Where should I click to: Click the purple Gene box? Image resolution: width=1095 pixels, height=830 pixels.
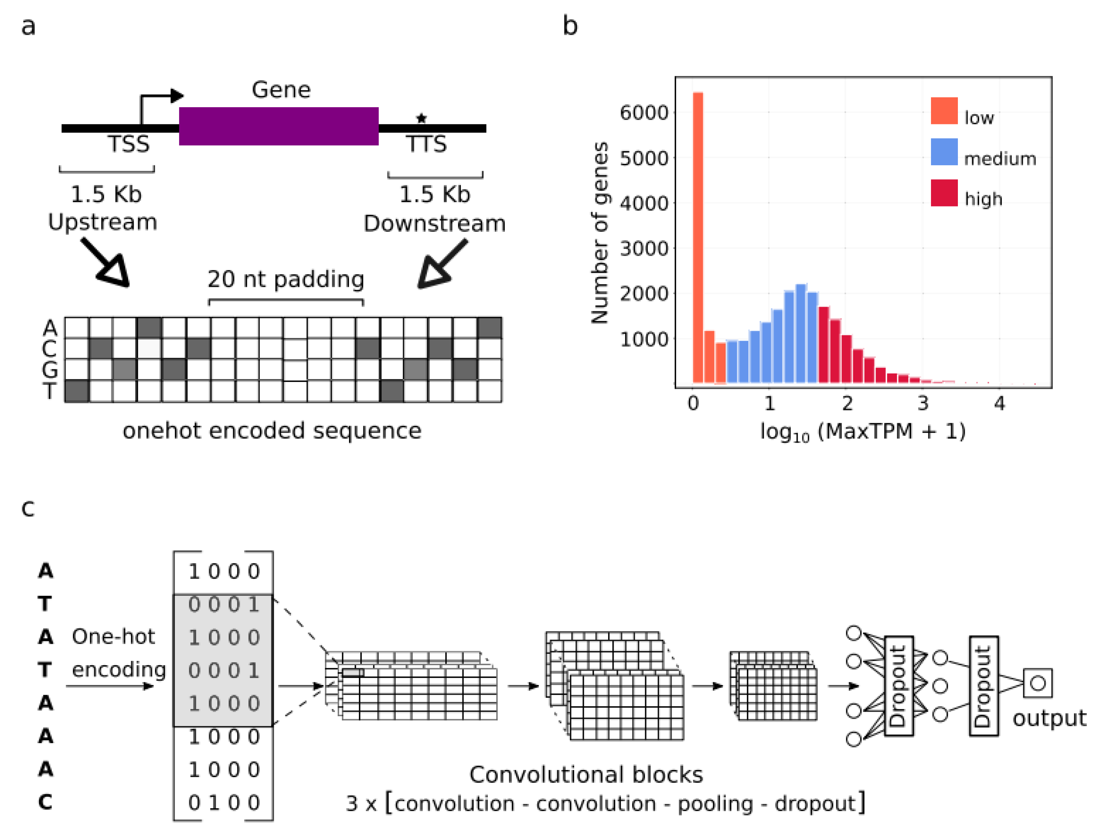pyautogui.click(x=279, y=126)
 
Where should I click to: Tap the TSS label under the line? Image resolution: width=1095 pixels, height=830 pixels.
pyautogui.click(x=128, y=144)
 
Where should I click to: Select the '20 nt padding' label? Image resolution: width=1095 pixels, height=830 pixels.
pyautogui.click(x=286, y=279)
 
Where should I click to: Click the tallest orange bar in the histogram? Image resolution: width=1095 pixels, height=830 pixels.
pyautogui.click(x=698, y=238)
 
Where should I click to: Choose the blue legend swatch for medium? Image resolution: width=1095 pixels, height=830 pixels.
pyautogui.click(x=943, y=152)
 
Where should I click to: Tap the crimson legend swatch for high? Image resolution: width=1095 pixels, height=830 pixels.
pyautogui.click(x=943, y=192)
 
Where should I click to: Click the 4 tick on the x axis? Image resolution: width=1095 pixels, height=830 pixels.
pyautogui.click(x=1000, y=404)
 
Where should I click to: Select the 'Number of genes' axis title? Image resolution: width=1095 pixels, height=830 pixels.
pyautogui.click(x=600, y=233)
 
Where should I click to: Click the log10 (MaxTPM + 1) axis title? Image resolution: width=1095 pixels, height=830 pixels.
pyautogui.click(x=863, y=432)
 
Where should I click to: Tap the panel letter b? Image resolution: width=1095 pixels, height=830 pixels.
pyautogui.click(x=570, y=26)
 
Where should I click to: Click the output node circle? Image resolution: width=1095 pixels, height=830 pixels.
pyautogui.click(x=1038, y=683)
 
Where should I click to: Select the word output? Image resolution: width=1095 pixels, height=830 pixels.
pyautogui.click(x=1049, y=718)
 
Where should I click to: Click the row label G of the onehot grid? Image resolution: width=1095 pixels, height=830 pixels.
pyautogui.click(x=49, y=370)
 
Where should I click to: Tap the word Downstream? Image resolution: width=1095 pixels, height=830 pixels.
pyautogui.click(x=435, y=224)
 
